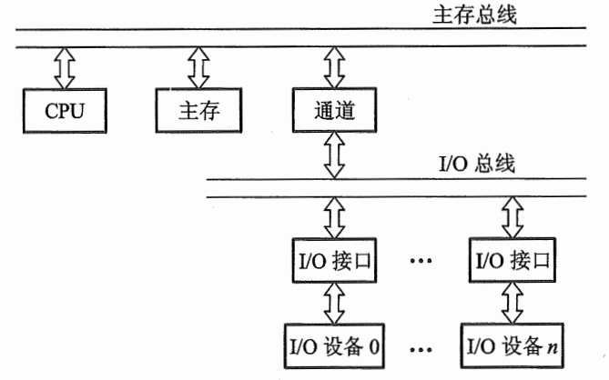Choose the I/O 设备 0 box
click(332, 345)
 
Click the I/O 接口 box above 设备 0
click(332, 261)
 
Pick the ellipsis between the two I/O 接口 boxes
click(421, 263)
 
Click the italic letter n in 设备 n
click(552, 346)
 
